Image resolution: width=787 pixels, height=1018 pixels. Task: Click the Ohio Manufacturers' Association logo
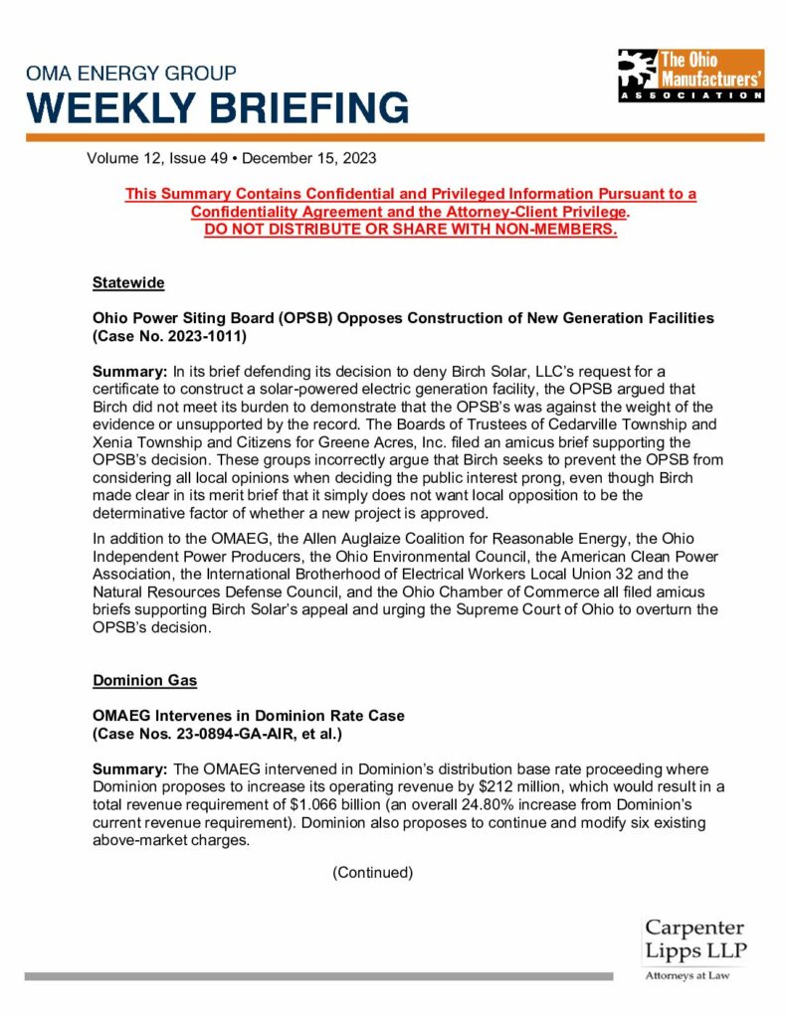[x=689, y=75]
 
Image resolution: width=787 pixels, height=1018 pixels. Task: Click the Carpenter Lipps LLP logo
[x=694, y=939]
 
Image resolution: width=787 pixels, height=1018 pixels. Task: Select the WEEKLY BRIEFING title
[x=218, y=106]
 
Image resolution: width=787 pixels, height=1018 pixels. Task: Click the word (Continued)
[x=372, y=872]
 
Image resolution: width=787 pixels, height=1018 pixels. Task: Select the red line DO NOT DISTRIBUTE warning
[x=410, y=230]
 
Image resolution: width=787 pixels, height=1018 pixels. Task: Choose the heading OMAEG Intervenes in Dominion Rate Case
[x=248, y=716]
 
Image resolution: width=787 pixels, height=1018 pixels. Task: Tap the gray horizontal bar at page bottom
[x=318, y=976]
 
